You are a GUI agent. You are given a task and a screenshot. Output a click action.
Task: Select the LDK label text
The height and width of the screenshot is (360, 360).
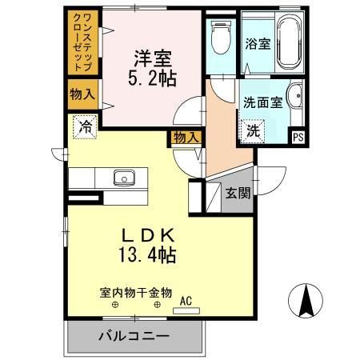click(x=149, y=237)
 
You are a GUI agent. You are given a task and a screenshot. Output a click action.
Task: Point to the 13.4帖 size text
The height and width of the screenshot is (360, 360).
click(x=149, y=257)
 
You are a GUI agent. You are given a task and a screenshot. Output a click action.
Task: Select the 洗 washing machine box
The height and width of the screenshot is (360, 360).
click(x=252, y=130)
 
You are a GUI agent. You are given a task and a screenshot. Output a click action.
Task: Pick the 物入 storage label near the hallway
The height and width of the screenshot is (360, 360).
click(x=186, y=138)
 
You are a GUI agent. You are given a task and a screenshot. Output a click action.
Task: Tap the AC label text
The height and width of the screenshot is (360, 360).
click(x=186, y=301)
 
